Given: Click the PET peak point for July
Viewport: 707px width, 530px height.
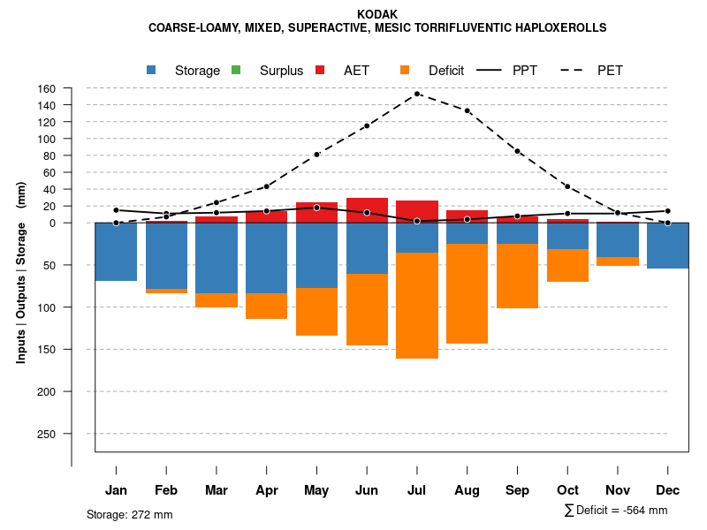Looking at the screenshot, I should [417, 94].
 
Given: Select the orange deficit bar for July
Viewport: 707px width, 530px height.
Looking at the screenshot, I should [417, 306].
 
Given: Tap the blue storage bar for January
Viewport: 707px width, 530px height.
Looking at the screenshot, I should [116, 252].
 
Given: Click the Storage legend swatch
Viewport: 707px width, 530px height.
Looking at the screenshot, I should [151, 70].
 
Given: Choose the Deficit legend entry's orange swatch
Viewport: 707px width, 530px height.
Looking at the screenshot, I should [405, 70].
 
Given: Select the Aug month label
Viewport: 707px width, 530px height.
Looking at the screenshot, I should [467, 490].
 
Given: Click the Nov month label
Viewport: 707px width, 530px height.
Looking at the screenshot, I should [618, 490].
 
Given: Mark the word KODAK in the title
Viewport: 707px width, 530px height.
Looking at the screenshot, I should [377, 14].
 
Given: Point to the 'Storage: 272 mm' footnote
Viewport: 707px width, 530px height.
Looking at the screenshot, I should [130, 514].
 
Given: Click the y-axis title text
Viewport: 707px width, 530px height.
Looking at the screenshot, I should [21, 272].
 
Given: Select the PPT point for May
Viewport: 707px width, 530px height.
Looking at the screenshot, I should [316, 208].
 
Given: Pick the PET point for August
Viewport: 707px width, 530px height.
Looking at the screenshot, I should [467, 110].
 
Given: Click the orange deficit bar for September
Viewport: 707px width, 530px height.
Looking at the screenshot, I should [517, 276].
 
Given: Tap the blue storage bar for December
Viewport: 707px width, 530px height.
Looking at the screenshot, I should [668, 246].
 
